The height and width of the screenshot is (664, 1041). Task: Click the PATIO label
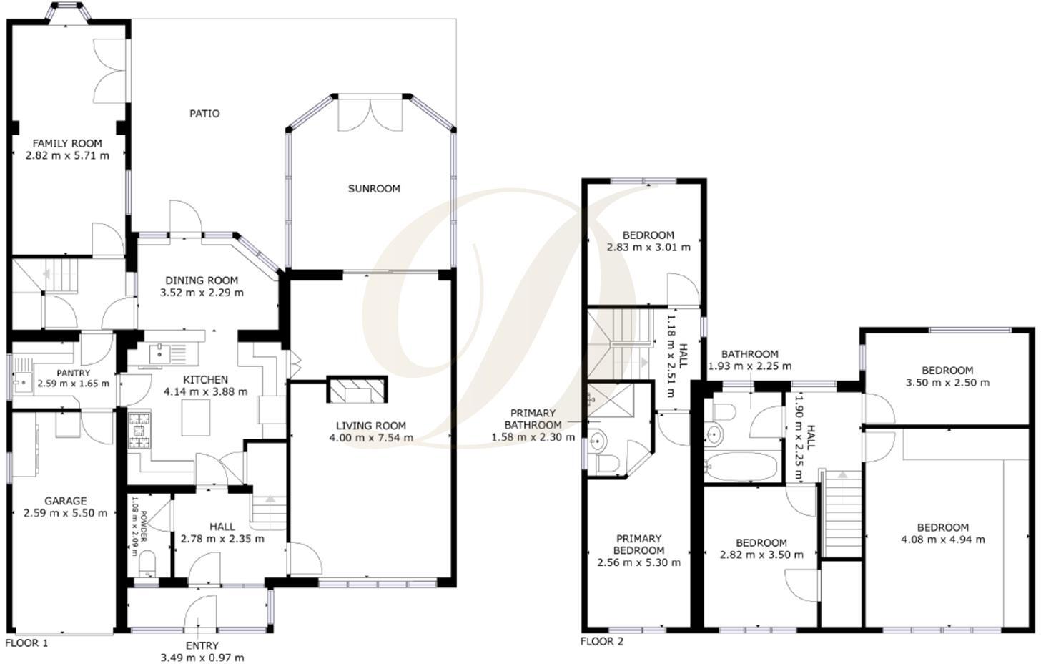[x=204, y=113]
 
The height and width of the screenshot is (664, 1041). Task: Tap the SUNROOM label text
[x=374, y=189]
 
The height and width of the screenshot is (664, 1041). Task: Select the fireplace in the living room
[x=357, y=390]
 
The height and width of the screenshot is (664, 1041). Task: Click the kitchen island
[x=195, y=418]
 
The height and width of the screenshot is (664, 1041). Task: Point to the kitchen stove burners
[x=140, y=431]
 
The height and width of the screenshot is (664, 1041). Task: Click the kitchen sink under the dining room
[x=160, y=353]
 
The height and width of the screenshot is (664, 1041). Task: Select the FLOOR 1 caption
[x=26, y=643]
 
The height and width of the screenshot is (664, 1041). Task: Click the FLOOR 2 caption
[x=601, y=641]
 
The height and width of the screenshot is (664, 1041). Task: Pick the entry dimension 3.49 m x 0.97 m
[x=202, y=658]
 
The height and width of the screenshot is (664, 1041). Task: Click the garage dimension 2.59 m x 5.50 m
[x=65, y=513]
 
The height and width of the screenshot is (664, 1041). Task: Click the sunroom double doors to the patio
[x=370, y=114]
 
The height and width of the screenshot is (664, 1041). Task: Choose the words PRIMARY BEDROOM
[x=638, y=545]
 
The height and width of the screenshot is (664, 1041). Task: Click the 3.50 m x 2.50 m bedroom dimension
[x=947, y=382]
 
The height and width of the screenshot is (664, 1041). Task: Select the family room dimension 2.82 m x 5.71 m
[x=67, y=155]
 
